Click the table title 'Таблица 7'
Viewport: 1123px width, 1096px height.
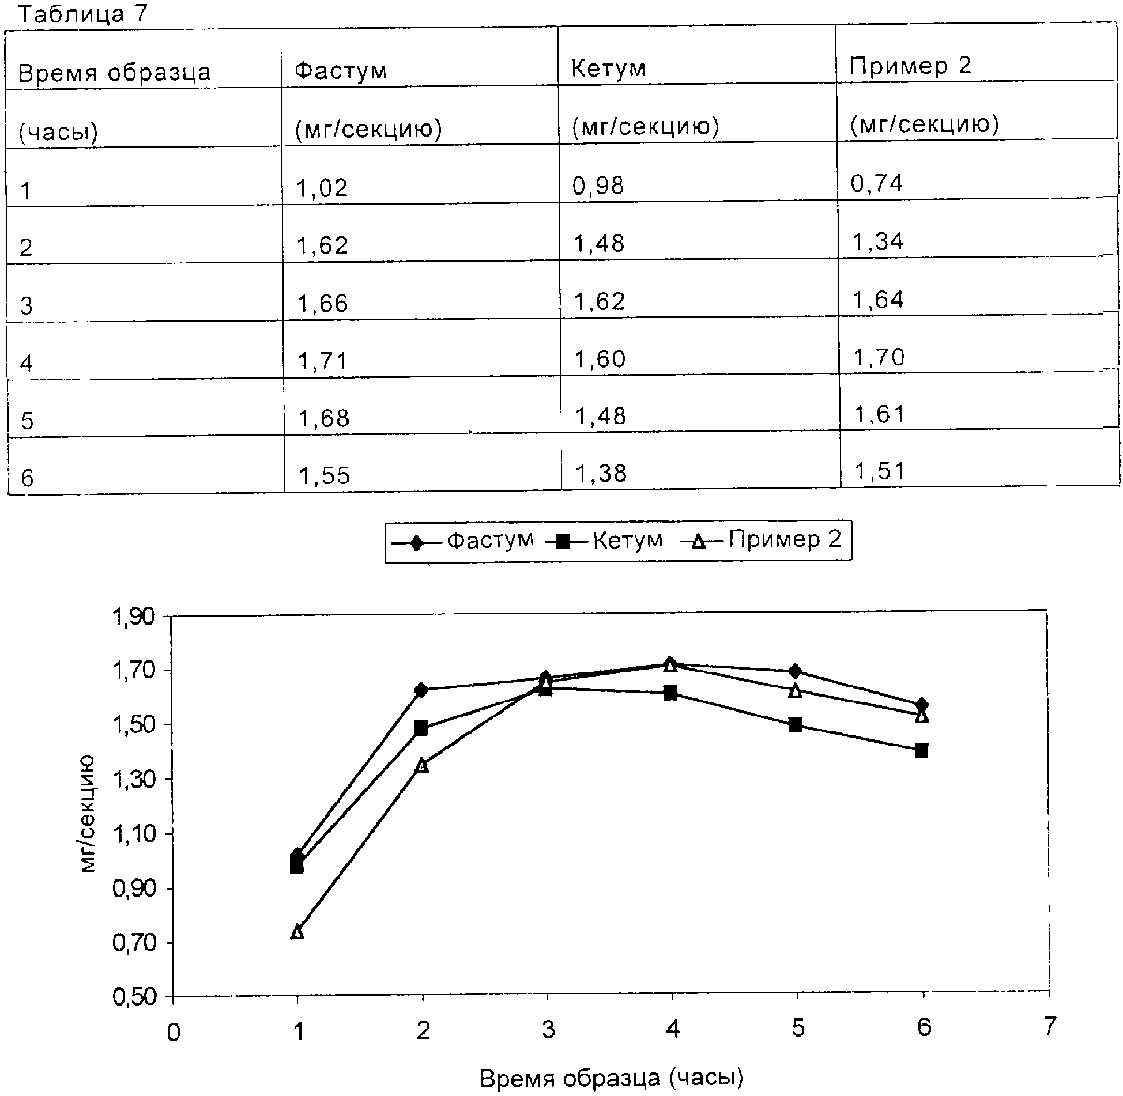coord(83,14)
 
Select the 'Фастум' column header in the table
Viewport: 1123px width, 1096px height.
coord(340,70)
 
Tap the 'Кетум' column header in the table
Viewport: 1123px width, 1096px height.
coord(608,69)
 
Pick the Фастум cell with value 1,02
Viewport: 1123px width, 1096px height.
coord(322,188)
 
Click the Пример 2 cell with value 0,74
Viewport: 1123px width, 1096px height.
coord(876,183)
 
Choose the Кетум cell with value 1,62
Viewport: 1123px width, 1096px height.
coord(599,301)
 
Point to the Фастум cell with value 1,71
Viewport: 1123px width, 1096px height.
coord(322,361)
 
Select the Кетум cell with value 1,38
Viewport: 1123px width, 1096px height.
coord(601,473)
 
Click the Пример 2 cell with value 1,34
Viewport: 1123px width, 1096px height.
coord(877,241)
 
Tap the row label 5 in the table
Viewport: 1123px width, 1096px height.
coord(27,421)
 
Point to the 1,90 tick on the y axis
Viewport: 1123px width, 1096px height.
coord(134,617)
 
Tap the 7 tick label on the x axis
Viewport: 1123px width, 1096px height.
coord(1049,1026)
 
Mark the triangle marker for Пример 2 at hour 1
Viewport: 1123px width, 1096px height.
coord(297,932)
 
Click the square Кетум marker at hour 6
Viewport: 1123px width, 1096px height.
coord(921,750)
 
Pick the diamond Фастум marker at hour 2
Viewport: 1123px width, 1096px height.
coord(421,690)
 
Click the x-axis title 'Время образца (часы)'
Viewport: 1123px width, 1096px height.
coord(611,1078)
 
